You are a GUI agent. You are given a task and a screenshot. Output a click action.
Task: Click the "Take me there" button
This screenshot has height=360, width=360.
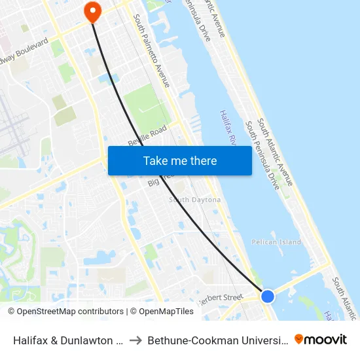180,160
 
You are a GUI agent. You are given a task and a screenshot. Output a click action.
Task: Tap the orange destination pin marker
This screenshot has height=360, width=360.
93,10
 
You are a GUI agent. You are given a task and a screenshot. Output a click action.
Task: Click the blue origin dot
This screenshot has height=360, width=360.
268,297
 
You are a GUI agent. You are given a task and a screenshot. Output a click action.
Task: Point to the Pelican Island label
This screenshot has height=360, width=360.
276,242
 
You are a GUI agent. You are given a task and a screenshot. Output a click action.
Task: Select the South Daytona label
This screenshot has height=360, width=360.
194,200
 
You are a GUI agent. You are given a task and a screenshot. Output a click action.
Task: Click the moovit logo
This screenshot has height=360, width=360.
321,339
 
